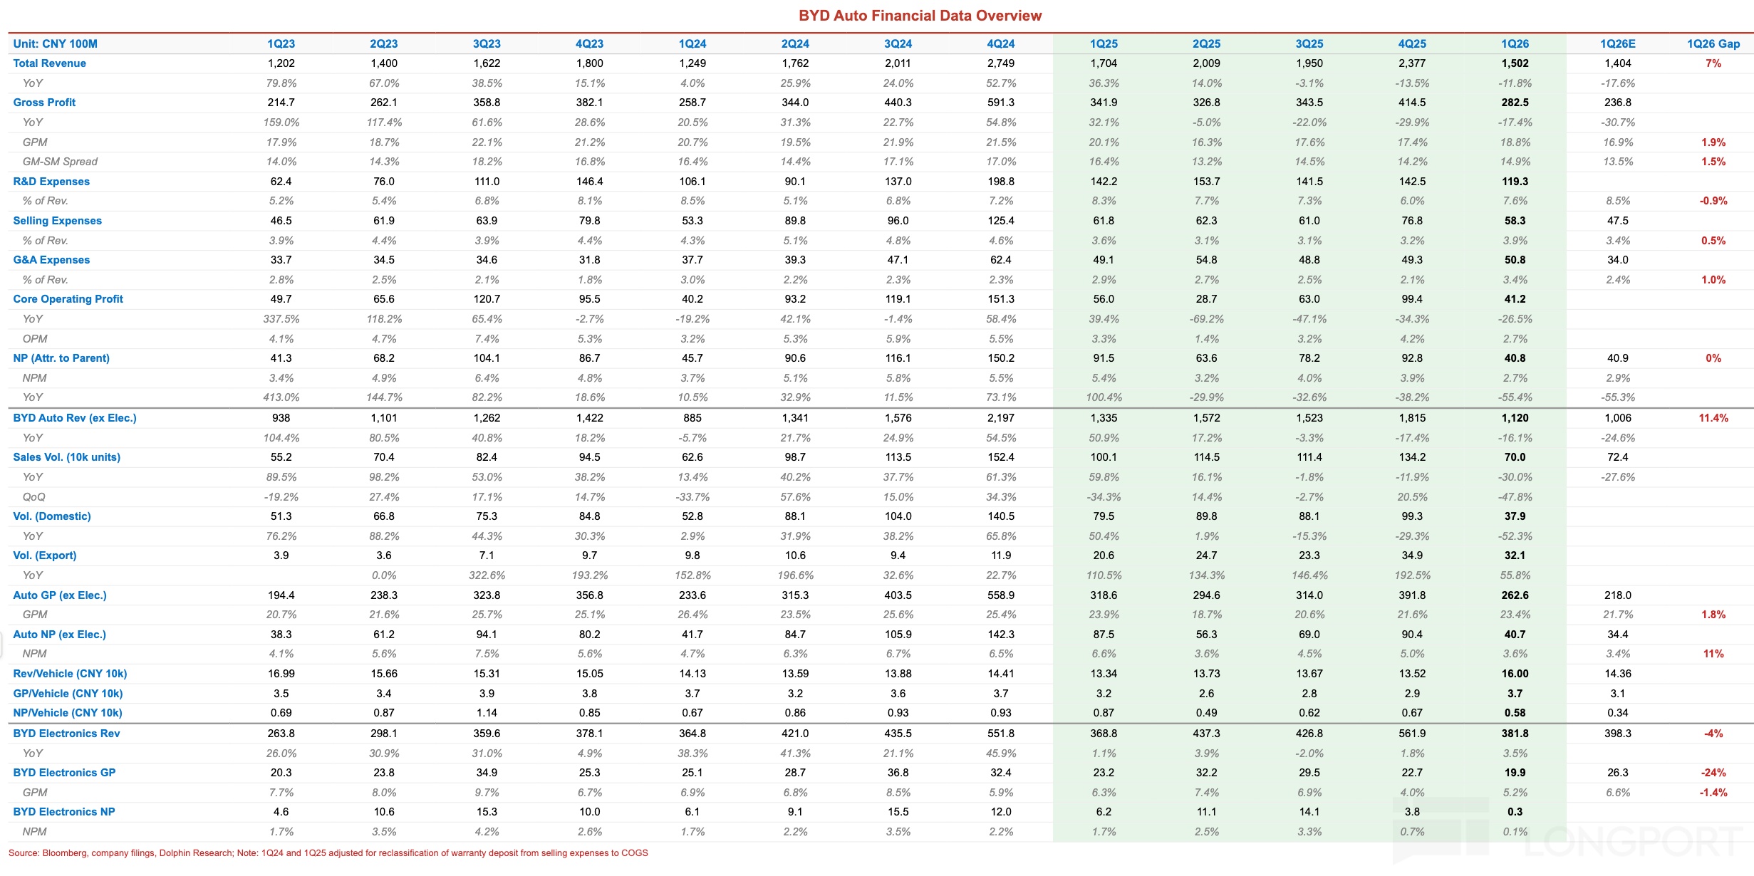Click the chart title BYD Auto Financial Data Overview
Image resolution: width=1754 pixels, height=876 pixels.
(x=920, y=16)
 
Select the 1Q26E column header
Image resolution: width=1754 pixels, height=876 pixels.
(x=1617, y=44)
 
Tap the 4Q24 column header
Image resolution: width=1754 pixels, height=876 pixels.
(x=1000, y=44)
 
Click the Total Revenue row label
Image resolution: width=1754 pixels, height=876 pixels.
(x=49, y=63)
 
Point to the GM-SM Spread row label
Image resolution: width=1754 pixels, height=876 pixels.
(x=60, y=162)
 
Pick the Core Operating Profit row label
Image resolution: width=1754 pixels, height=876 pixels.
(x=68, y=299)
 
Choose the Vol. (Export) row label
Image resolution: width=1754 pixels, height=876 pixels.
(x=44, y=556)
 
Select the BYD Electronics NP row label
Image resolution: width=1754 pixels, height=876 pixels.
(x=63, y=812)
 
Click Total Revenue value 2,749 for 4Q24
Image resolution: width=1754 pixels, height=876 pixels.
(x=1000, y=63)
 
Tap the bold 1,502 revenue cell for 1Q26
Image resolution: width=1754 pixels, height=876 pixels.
(x=1515, y=63)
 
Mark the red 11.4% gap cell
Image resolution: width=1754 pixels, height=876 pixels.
(x=1713, y=418)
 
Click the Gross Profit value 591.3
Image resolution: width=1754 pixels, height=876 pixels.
(x=1000, y=103)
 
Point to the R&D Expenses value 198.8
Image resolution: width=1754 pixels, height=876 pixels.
(x=1000, y=182)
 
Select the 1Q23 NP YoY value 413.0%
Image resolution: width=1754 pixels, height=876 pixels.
(x=281, y=397)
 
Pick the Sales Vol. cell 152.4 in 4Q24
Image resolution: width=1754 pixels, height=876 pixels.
(x=1000, y=457)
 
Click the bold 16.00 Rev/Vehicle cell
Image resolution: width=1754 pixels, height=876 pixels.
(x=1515, y=674)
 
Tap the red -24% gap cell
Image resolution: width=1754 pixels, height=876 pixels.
(x=1713, y=773)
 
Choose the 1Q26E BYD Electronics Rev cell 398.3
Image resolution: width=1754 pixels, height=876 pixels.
(x=1617, y=734)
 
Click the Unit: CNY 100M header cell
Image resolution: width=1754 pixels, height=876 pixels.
(x=55, y=44)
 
